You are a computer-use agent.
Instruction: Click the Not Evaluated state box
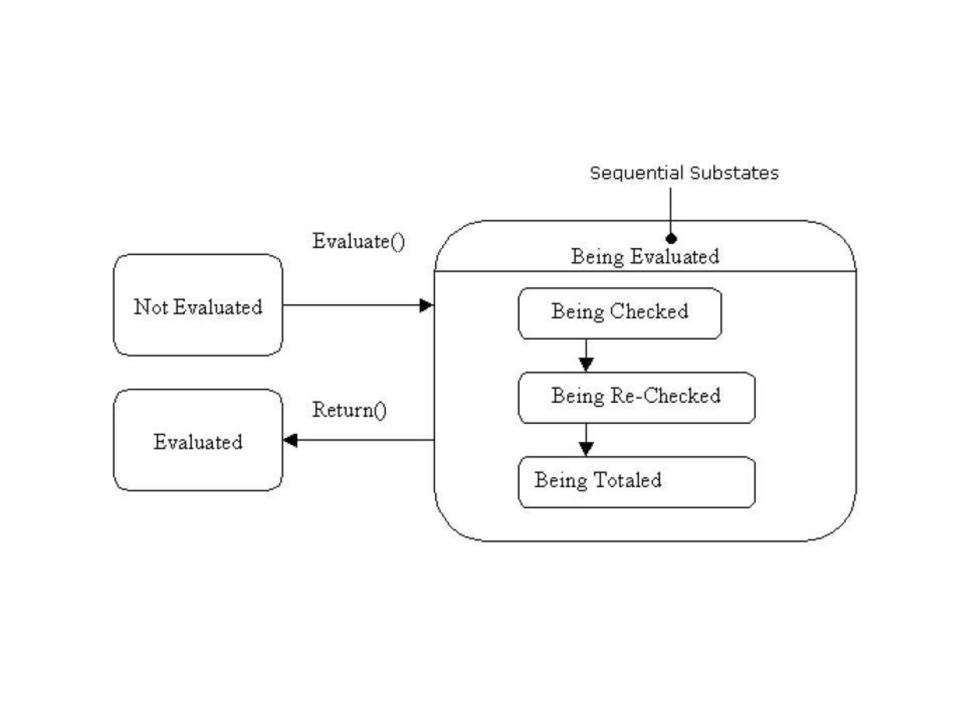coord(198,329)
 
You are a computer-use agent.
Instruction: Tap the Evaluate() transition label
coord(358,241)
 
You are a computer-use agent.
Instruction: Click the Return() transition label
coord(349,410)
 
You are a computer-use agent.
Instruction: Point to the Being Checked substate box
coord(619,313)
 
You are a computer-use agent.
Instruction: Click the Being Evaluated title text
coord(645,257)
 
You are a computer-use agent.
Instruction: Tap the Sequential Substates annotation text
coord(684,173)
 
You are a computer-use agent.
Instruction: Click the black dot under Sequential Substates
coord(671,239)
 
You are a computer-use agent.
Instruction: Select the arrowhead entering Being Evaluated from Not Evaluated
coord(426,305)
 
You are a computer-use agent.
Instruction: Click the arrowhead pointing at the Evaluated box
coord(290,441)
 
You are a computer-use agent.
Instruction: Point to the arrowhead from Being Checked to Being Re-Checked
coord(586,364)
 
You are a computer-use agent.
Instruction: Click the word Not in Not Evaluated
coord(151,307)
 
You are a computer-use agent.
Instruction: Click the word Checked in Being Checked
coord(649,312)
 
